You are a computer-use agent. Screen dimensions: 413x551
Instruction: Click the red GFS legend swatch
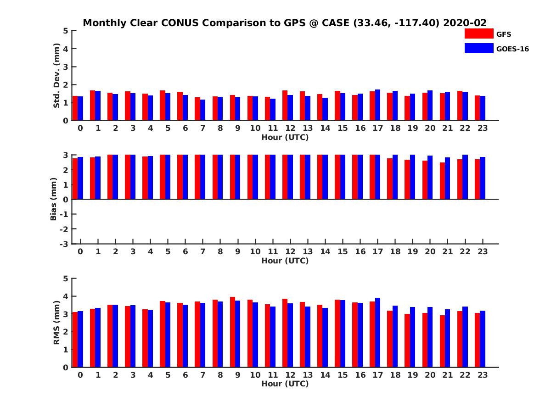click(478, 34)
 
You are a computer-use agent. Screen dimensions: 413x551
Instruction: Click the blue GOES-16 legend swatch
click(478, 48)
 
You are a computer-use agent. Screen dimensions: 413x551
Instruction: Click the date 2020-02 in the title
click(465, 23)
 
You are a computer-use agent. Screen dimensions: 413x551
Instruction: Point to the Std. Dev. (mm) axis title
click(57, 76)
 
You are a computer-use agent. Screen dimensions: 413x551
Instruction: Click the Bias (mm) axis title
click(53, 199)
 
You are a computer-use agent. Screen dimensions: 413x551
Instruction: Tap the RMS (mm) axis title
click(57, 323)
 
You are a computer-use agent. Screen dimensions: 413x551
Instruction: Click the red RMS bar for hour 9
click(232, 332)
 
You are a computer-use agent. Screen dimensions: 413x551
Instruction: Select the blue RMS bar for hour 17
click(377, 333)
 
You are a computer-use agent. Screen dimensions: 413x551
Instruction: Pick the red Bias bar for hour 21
click(442, 181)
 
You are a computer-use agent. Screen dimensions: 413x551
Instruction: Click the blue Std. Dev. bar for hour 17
click(377, 105)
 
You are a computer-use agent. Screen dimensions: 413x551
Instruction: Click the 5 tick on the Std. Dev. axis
click(66, 31)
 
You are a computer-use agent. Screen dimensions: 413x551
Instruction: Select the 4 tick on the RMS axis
click(66, 296)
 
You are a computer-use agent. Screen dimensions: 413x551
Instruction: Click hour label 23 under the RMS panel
click(483, 375)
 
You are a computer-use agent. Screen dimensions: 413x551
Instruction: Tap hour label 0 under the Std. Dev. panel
click(80, 128)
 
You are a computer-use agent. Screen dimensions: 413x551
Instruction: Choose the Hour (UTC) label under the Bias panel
click(285, 261)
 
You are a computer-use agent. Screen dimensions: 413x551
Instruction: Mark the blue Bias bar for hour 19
click(412, 177)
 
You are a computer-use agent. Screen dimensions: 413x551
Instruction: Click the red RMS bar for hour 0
click(75, 340)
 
